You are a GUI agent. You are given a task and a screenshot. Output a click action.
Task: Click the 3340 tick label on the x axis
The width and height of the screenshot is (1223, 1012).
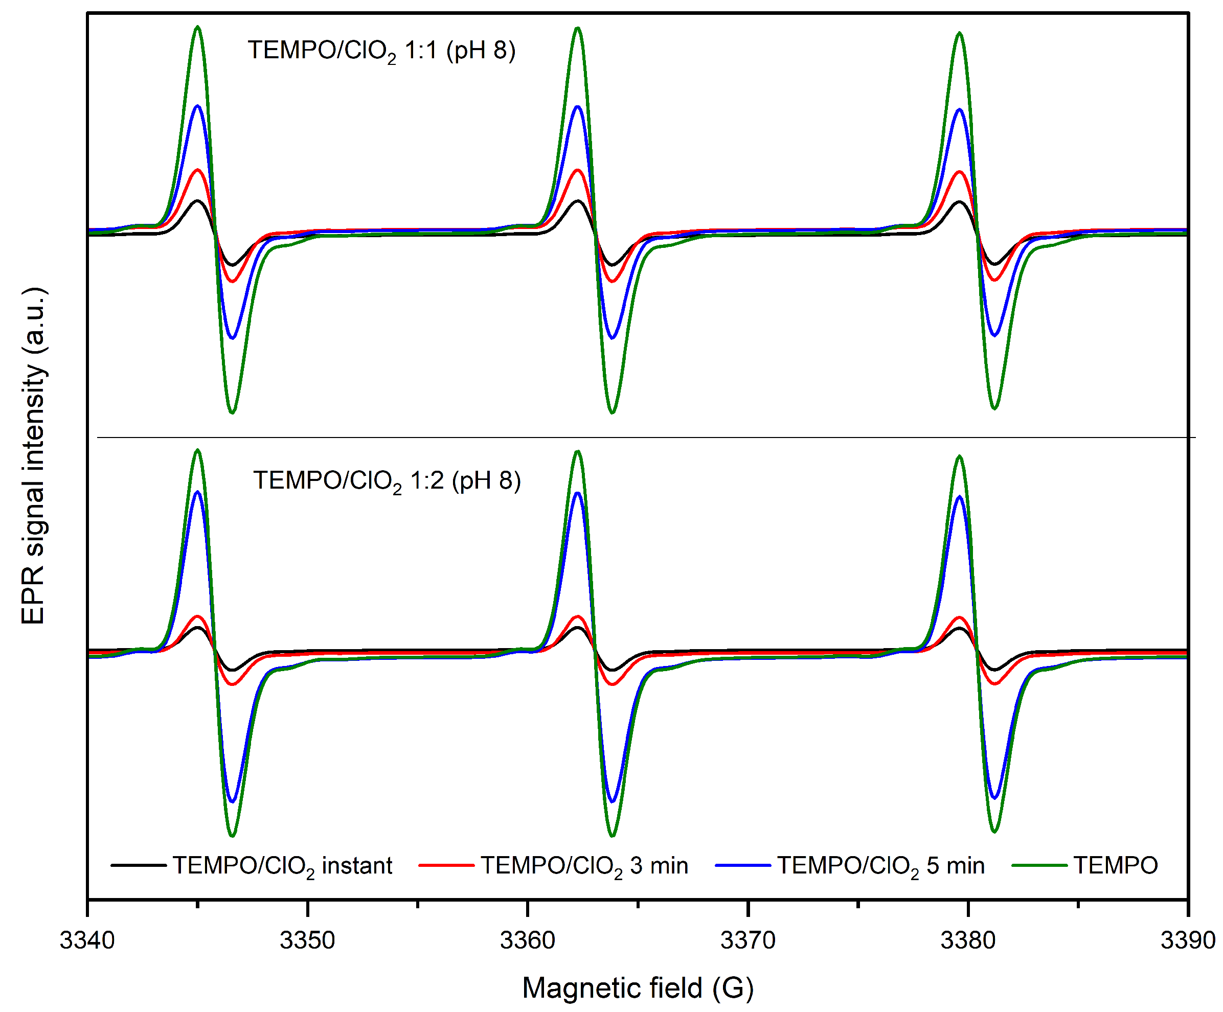point(87,940)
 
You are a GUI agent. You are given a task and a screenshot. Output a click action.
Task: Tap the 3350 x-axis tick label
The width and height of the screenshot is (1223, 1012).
point(307,940)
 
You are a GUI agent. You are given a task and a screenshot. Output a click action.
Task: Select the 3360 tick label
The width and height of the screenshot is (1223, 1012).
point(528,940)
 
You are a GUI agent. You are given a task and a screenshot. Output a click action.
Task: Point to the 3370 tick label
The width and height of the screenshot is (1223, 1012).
point(748,940)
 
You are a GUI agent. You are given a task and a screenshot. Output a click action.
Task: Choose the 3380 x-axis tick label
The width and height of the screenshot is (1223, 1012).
point(968,940)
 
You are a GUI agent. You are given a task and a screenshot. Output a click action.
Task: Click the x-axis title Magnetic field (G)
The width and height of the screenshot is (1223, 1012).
point(638,988)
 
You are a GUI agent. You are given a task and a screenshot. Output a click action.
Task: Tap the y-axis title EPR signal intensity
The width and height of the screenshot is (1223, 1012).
point(34,456)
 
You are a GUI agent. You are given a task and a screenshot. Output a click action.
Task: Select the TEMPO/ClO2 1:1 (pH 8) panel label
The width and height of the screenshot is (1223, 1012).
point(381,51)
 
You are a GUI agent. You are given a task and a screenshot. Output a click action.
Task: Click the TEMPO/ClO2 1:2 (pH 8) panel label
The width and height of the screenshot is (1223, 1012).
point(387,481)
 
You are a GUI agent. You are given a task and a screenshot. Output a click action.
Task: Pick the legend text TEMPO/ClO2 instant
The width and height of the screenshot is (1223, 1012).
point(282,866)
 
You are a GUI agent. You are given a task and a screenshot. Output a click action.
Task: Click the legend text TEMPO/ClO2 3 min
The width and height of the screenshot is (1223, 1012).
point(584,866)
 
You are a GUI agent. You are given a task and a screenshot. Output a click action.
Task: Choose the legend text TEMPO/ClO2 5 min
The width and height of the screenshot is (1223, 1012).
point(880,866)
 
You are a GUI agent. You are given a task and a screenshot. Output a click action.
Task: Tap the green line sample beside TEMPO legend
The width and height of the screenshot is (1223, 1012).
point(1039,866)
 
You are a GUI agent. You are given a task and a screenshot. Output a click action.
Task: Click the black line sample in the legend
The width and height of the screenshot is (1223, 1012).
point(139,866)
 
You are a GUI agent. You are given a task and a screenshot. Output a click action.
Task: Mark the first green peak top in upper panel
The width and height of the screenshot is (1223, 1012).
point(197,27)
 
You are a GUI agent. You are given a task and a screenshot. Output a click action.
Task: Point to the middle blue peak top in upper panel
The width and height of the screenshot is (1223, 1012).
point(578,106)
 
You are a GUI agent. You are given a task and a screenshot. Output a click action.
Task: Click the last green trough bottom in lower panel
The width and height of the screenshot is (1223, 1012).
point(994,831)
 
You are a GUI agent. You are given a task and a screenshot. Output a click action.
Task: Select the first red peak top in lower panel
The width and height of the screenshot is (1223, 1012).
point(198,616)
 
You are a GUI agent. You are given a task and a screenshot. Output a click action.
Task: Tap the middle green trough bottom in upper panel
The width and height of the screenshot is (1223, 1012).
point(612,413)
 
